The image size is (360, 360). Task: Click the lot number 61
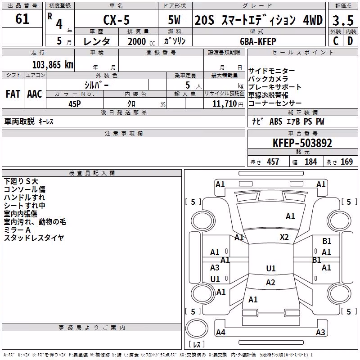[x=22, y=18]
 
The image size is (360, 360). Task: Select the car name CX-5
[x=116, y=20]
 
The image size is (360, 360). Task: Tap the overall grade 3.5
[x=343, y=20]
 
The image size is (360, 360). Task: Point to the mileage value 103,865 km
[x=53, y=65]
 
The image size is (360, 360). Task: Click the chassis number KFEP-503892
[x=302, y=143]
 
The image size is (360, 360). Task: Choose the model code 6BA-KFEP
[x=258, y=41]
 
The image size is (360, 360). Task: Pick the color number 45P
[x=74, y=104]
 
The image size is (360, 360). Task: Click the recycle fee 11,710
[x=224, y=103]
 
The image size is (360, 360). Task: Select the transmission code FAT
[x=13, y=94]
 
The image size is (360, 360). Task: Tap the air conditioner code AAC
[x=35, y=94]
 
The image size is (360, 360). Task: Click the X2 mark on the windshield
[x=284, y=237]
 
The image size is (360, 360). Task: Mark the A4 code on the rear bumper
[x=220, y=332]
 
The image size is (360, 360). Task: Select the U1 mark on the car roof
[x=271, y=268]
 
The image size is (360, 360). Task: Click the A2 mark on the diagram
[x=270, y=283]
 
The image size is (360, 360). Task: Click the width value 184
[x=310, y=162]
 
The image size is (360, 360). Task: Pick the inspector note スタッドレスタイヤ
[x=34, y=238]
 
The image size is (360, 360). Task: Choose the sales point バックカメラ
[x=268, y=79]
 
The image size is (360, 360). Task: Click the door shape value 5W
[x=174, y=20]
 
